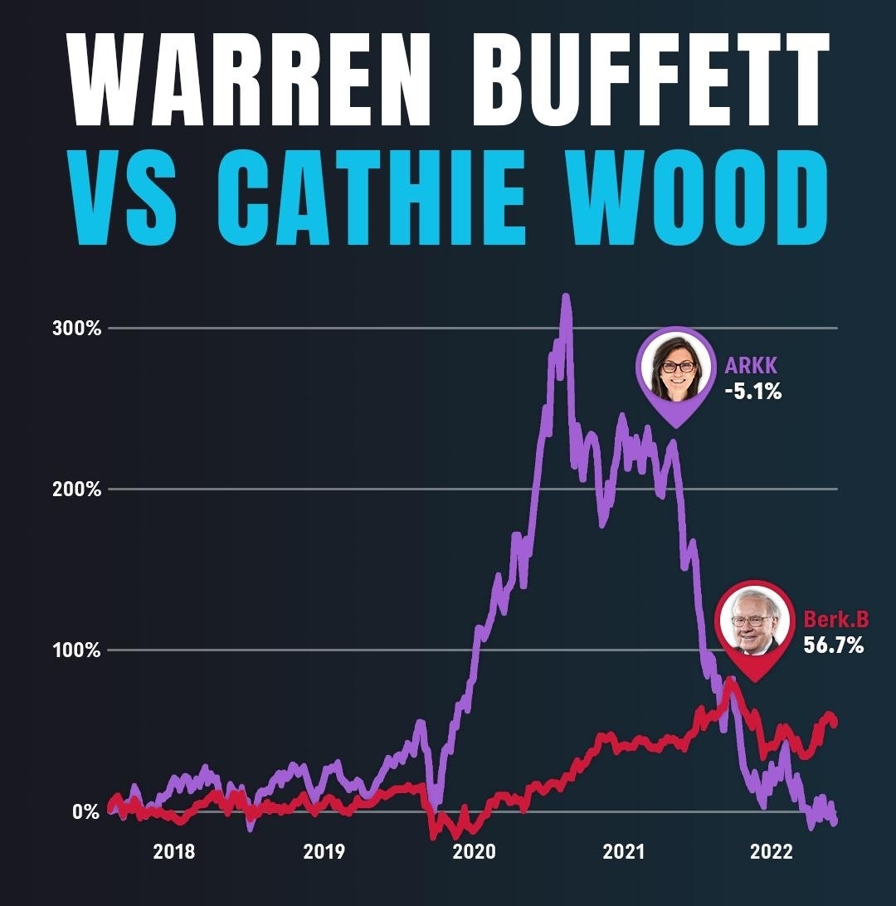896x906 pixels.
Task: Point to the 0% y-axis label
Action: (x=85, y=811)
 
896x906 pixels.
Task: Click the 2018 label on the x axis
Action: (x=173, y=852)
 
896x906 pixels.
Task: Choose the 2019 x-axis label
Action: (x=324, y=852)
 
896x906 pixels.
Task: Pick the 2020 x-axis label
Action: (x=474, y=852)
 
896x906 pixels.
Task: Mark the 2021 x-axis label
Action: (x=624, y=852)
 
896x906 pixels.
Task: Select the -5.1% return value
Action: (x=752, y=392)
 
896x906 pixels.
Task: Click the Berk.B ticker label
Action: (x=835, y=619)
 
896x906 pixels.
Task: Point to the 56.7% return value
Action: (x=834, y=645)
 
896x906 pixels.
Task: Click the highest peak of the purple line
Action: (x=566, y=297)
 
